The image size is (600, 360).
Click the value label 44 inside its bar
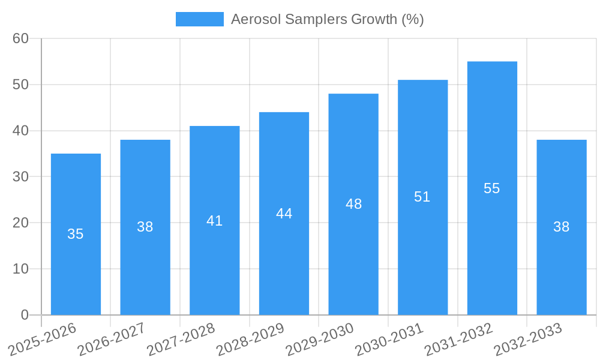(x=284, y=214)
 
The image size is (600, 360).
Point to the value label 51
(x=422, y=197)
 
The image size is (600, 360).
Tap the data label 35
(x=76, y=234)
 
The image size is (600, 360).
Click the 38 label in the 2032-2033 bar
(x=561, y=227)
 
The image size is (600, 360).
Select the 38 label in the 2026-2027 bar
(x=145, y=227)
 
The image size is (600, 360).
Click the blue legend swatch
(x=199, y=19)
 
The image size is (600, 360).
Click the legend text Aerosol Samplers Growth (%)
(x=327, y=19)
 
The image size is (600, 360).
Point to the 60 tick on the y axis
(x=21, y=38)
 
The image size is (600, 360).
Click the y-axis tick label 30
(x=21, y=176)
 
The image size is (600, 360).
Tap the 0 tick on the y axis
(x=25, y=315)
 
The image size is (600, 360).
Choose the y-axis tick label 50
(x=21, y=85)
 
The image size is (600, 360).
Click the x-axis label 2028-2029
(x=250, y=340)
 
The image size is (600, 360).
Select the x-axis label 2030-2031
(x=389, y=340)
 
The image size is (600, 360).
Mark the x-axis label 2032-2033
(x=528, y=340)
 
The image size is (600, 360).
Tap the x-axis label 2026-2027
(x=112, y=340)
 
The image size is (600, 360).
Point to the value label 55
(x=492, y=188)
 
